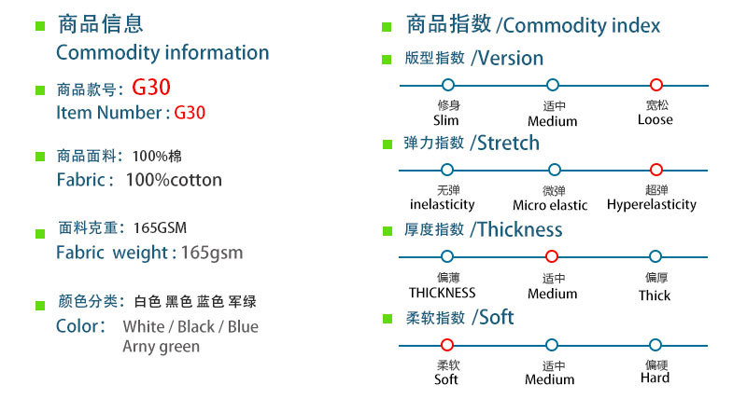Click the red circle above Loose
[655, 85]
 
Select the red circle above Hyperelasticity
[655, 170]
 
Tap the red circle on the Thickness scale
[552, 256]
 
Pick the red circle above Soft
[447, 345]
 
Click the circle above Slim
[447, 85]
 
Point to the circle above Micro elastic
[554, 170]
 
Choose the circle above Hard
[655, 345]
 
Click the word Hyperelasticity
[652, 204]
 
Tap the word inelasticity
[443, 204]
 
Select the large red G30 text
[151, 89]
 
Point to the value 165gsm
[212, 253]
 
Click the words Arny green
[161, 347]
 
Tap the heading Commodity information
[162, 53]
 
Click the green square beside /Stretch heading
[386, 145]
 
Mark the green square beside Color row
[40, 304]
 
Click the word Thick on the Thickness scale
[655, 295]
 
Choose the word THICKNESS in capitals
[443, 293]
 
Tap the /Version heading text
[507, 59]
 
